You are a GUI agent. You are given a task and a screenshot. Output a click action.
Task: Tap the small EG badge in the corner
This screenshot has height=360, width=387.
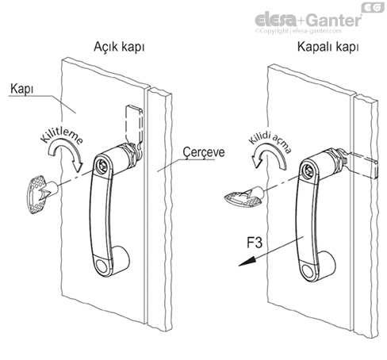[372, 7]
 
